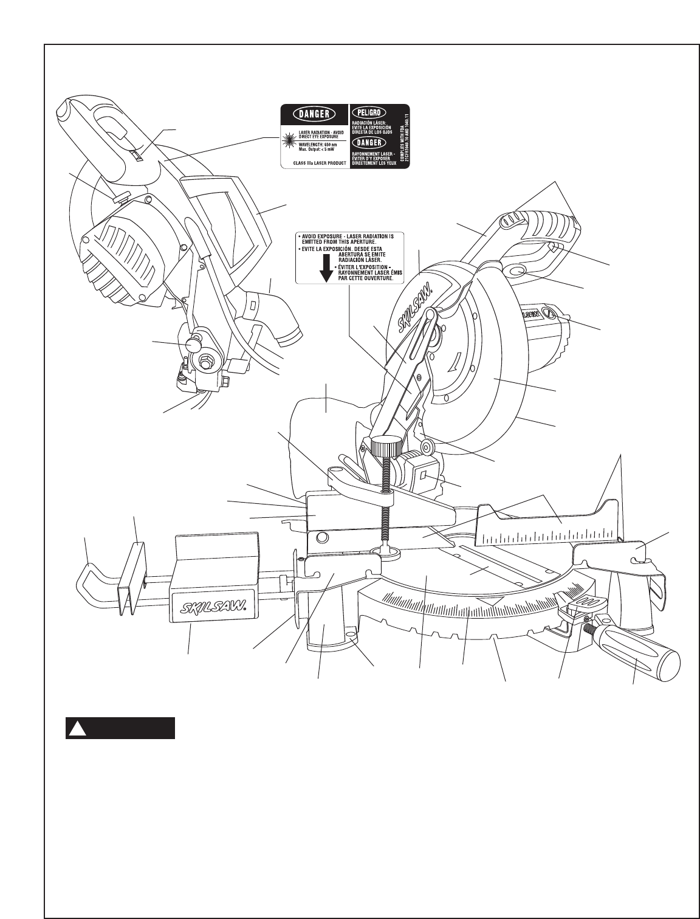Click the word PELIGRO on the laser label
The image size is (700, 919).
coord(369,113)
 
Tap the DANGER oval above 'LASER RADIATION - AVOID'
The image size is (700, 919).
coord(314,114)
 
